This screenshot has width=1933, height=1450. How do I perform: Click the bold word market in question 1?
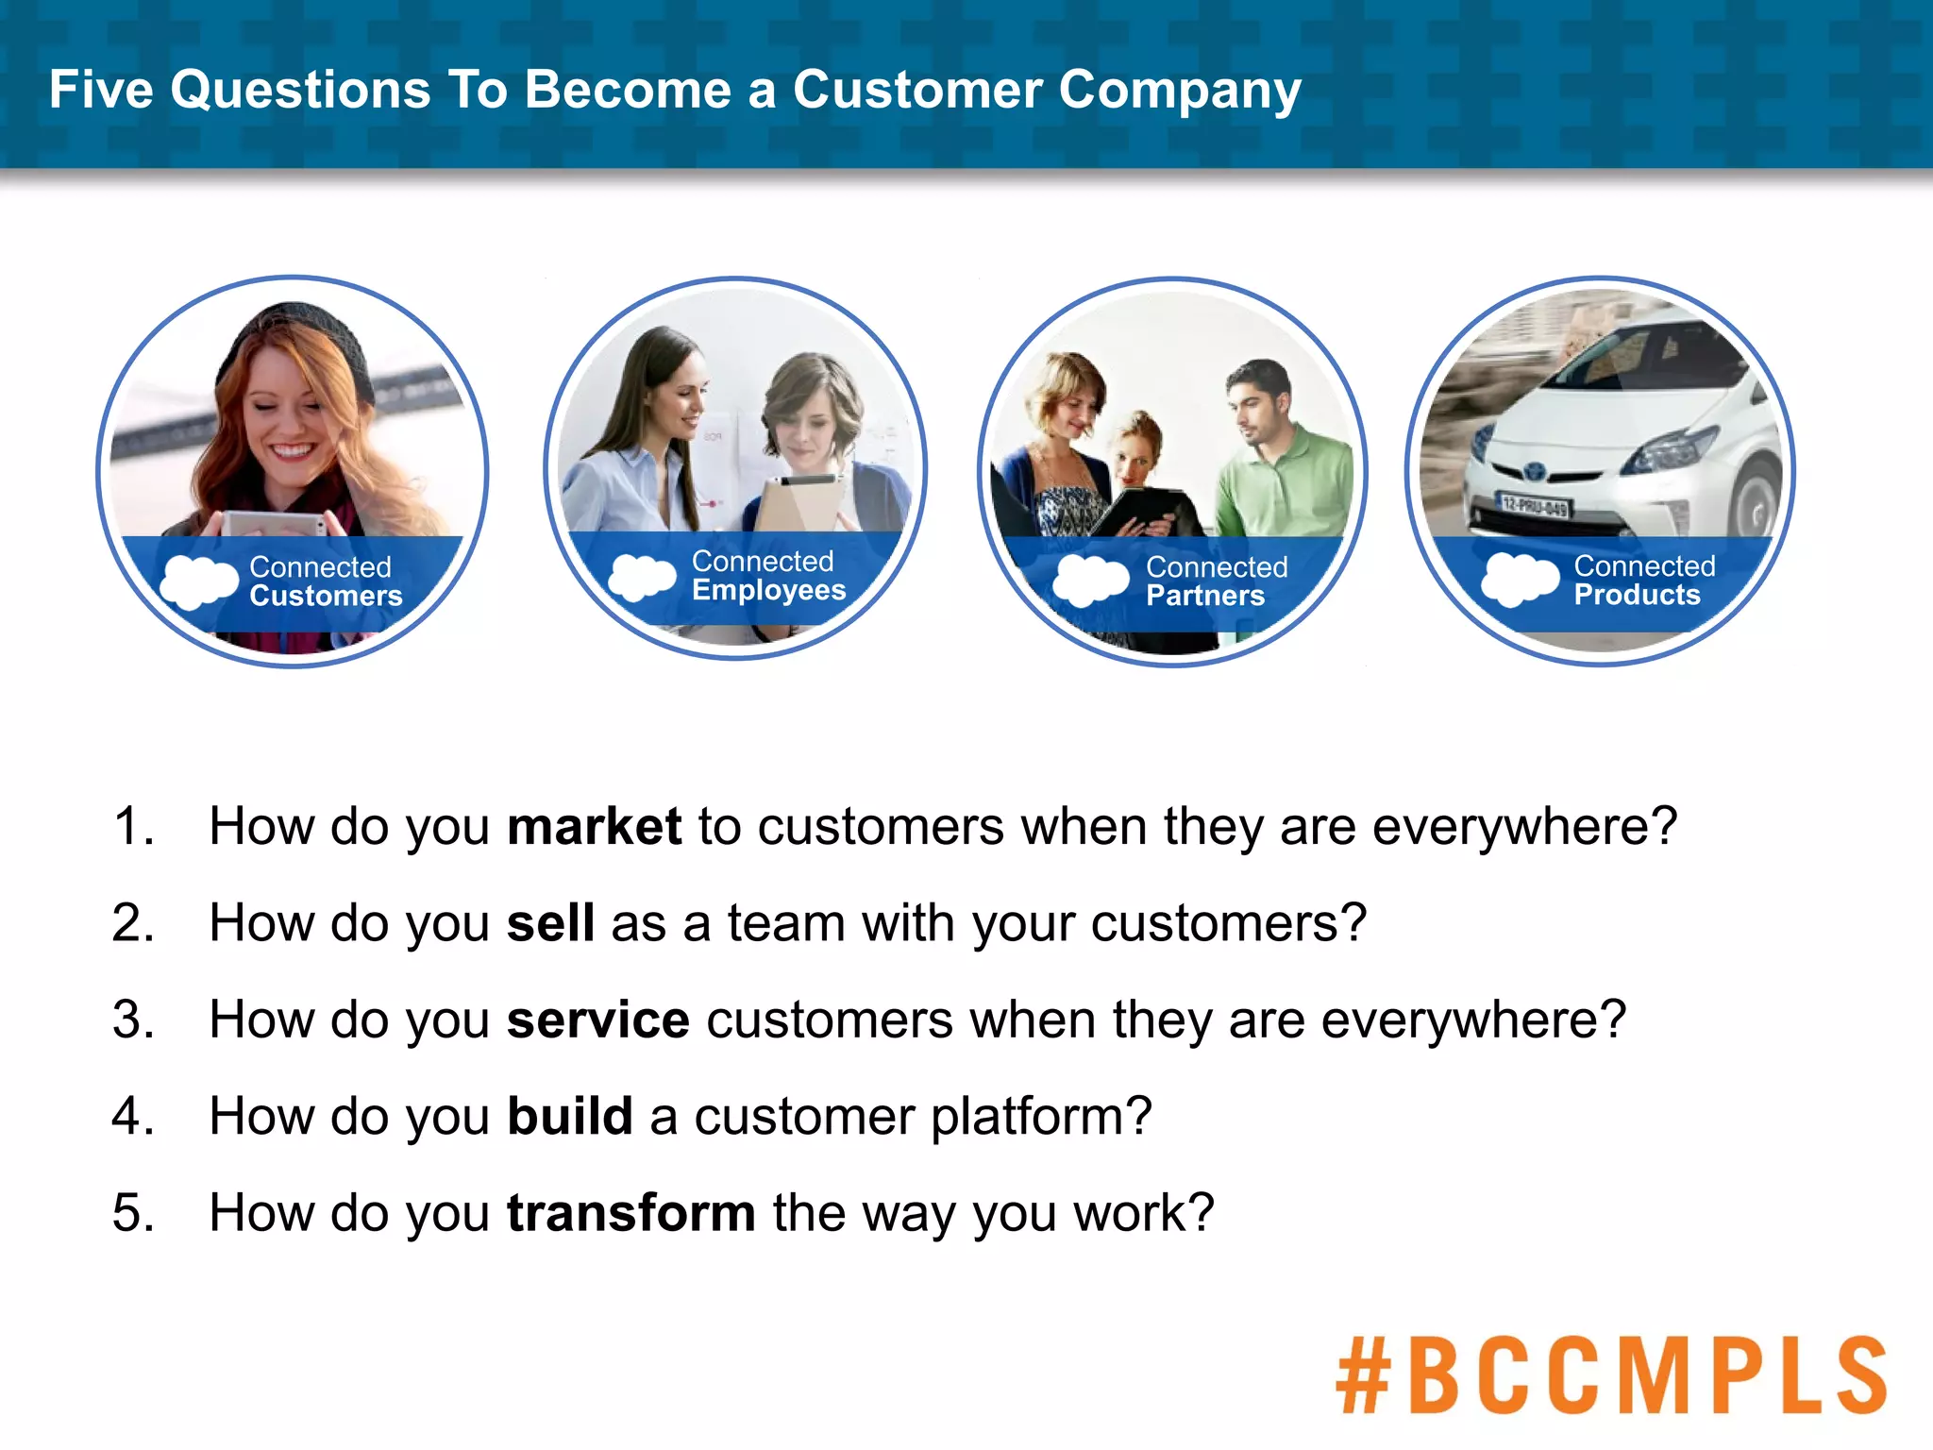coord(594,827)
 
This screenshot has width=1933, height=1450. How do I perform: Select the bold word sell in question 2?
coord(550,923)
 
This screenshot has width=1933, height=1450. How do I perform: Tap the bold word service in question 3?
coord(597,1020)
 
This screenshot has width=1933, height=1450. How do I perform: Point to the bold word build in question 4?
coord(569,1117)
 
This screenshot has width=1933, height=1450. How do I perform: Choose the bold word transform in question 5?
coord(630,1213)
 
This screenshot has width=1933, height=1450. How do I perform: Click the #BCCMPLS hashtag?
coord(1610,1375)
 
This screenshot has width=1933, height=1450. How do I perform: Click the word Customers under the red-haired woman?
coord(326,597)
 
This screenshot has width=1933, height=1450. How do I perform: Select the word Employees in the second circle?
coord(768,591)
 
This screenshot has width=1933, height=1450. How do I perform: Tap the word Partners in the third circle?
coord(1205,597)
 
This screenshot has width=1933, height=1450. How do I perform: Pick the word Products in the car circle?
coord(1637,596)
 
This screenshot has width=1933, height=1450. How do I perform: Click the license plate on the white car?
coord(1535,506)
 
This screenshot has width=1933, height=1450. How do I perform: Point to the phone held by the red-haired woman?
coord(274,522)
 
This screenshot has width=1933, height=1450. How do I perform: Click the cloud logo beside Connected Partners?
coord(1090,579)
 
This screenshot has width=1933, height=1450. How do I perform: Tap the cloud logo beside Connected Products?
coord(1519,578)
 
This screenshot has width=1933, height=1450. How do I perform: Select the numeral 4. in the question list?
coord(132,1117)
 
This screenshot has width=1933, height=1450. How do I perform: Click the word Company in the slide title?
coord(1179,91)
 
